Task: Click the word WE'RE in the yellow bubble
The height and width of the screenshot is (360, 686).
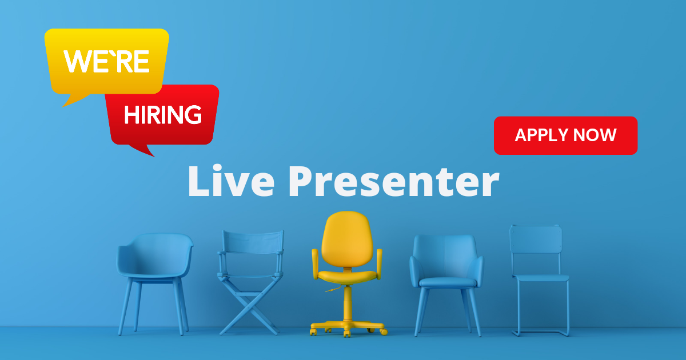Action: point(106,61)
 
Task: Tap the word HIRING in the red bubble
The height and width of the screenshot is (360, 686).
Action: point(163,114)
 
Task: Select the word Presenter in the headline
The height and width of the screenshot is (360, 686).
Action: point(394,181)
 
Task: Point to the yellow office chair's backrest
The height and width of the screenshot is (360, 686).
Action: point(347,239)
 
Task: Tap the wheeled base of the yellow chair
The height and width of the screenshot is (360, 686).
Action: point(348,328)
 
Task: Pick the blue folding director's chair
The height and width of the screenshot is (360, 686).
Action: point(250,282)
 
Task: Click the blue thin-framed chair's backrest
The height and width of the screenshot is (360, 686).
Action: point(536,239)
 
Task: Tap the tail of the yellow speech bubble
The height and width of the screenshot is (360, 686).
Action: point(74,101)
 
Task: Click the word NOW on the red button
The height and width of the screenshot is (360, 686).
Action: point(595,135)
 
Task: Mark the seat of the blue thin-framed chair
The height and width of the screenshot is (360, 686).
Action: point(541,278)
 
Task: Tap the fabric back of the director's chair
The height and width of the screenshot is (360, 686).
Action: point(253,242)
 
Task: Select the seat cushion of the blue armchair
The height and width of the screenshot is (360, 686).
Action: point(448,282)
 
